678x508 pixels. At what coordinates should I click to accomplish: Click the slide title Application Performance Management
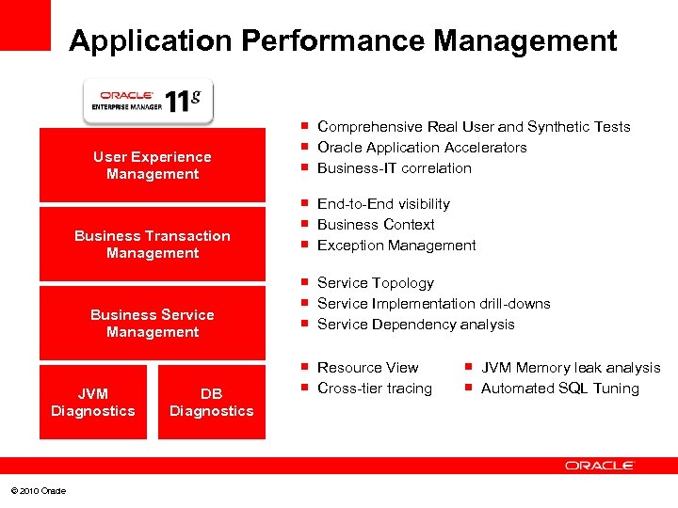[x=343, y=41]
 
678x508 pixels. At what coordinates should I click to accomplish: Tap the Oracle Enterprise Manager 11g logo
[x=148, y=100]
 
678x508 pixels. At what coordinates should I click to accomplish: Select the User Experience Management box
[x=153, y=166]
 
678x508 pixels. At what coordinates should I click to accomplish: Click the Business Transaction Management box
[x=153, y=245]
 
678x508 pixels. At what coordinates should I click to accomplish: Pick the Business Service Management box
[x=153, y=324]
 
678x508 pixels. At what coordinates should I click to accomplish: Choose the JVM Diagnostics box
[x=93, y=403]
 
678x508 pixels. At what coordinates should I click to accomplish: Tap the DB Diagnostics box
[x=212, y=403]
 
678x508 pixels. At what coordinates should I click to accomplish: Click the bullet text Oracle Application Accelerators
[x=422, y=148]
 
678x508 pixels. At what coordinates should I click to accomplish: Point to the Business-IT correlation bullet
[x=395, y=168]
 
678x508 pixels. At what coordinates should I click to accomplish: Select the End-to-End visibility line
[x=383, y=204]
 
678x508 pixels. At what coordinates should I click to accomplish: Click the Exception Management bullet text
[x=396, y=246]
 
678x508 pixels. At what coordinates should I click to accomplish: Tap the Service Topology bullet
[x=376, y=283]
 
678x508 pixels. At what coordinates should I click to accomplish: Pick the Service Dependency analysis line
[x=415, y=325]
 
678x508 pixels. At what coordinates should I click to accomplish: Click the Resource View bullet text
[x=367, y=368]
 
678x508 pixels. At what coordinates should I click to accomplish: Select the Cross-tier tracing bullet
[x=375, y=389]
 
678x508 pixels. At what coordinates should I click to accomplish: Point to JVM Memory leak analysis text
[x=571, y=368]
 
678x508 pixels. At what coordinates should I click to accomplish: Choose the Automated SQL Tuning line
[x=559, y=389]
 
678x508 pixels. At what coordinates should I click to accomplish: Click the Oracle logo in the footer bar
[x=600, y=466]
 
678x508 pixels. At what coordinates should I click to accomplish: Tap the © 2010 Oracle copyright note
[x=39, y=491]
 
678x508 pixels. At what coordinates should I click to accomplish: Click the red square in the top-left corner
[x=24, y=24]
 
